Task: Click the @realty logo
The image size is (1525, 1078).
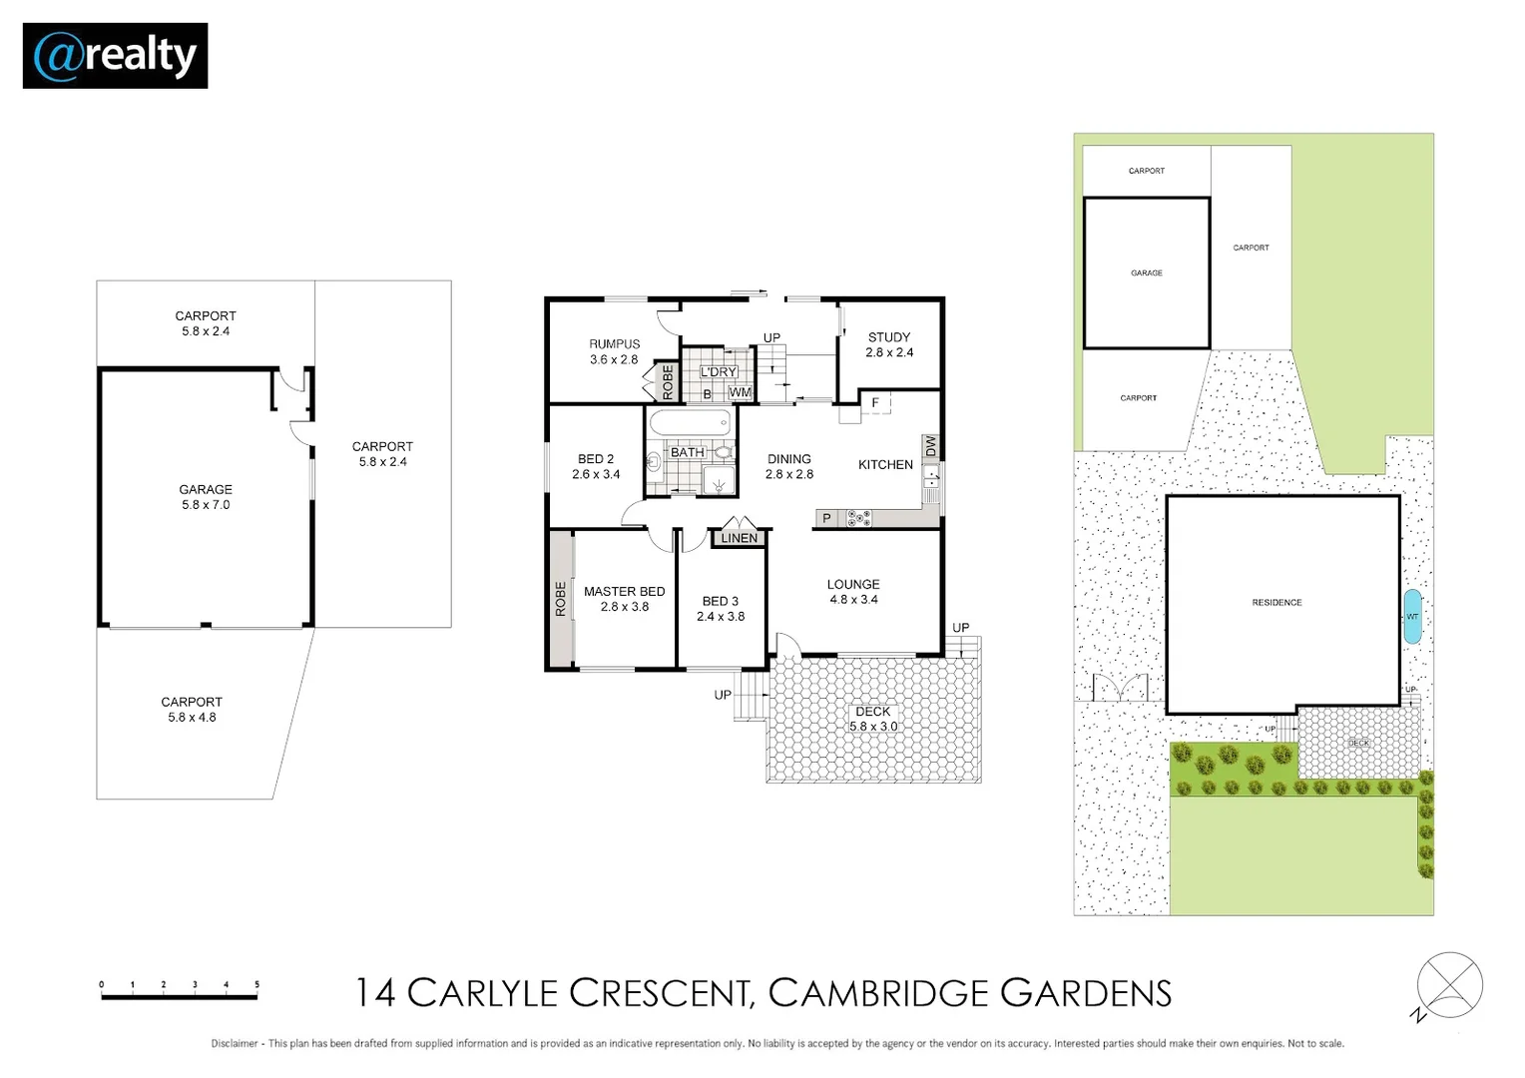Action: click(115, 56)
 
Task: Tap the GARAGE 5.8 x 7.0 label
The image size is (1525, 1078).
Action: click(206, 497)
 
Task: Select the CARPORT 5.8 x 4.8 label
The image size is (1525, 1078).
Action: click(192, 710)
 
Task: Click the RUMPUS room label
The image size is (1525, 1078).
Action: click(614, 344)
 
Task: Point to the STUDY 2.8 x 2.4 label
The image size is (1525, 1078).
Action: click(889, 344)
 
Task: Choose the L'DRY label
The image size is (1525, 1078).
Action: click(719, 372)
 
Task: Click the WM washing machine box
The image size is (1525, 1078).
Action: click(740, 393)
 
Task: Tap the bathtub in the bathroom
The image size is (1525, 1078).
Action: click(691, 423)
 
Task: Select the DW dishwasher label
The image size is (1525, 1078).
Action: click(930, 446)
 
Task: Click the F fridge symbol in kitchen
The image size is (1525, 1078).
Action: click(875, 402)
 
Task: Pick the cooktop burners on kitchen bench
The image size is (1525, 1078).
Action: click(858, 519)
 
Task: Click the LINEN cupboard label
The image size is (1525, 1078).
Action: click(740, 538)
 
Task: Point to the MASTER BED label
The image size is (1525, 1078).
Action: click(625, 592)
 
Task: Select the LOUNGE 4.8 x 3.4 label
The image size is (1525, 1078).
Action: click(853, 592)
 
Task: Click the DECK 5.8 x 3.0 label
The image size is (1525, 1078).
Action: click(873, 719)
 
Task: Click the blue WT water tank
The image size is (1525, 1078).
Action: click(1412, 616)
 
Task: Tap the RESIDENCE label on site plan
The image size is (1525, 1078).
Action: click(1277, 603)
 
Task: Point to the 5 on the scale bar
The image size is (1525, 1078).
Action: click(256, 984)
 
